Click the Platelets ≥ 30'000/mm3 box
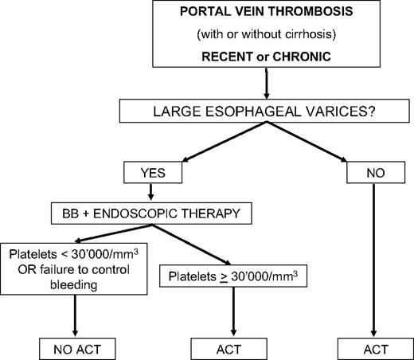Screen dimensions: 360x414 234,278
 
